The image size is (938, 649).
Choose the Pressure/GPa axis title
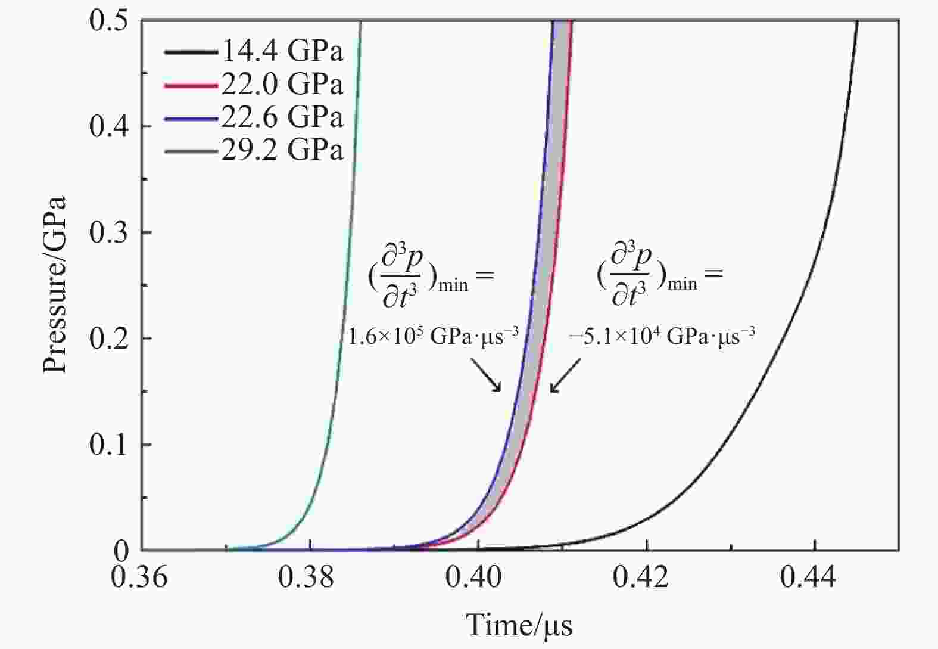pos(55,285)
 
